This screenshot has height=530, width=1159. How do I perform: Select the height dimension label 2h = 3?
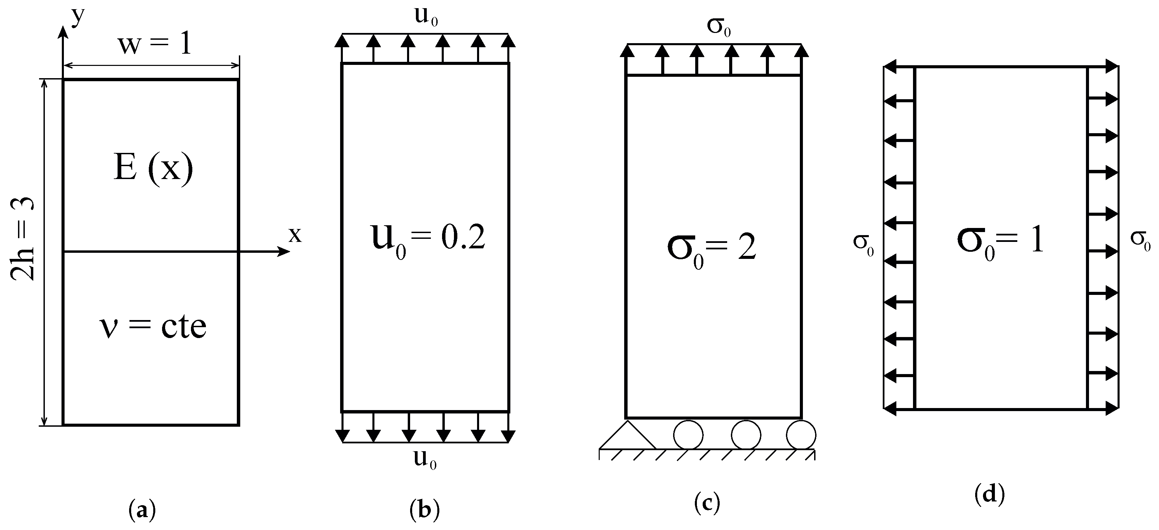coord(22,238)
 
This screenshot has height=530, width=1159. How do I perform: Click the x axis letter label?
coord(295,234)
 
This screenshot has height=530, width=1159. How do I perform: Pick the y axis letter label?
coord(78,17)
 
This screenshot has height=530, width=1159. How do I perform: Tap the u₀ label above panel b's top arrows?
coord(426,16)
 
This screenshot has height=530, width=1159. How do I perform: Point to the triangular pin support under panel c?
coord(627,436)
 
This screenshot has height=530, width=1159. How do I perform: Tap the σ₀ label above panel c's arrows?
coord(719,26)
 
